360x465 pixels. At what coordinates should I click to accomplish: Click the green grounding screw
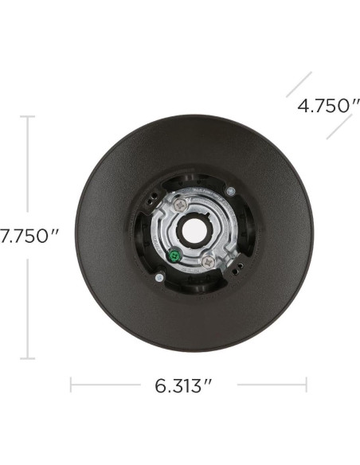(174, 256)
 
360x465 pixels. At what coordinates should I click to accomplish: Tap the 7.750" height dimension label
(29, 236)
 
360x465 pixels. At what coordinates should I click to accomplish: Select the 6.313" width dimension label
(183, 385)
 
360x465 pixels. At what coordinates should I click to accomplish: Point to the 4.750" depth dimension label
(329, 106)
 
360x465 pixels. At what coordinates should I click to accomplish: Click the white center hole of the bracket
(191, 231)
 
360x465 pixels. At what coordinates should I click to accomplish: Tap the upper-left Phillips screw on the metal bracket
(181, 205)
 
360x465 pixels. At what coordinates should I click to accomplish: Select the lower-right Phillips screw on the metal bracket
(208, 262)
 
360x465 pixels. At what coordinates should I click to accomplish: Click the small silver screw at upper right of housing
(230, 191)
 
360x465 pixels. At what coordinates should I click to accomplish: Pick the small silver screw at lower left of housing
(159, 277)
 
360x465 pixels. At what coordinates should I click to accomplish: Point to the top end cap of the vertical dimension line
(28, 116)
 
